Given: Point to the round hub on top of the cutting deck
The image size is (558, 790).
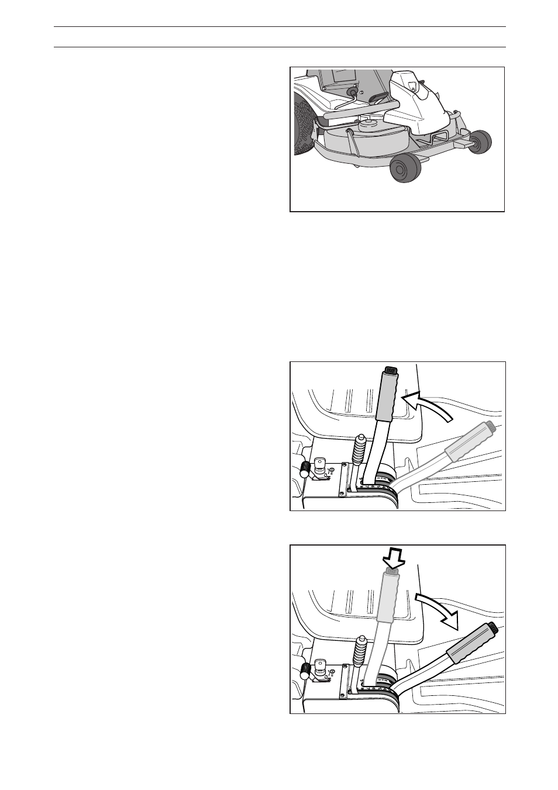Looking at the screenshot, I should pyautogui.click(x=368, y=123).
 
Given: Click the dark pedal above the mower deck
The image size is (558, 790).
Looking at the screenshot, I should pyautogui.click(x=379, y=98).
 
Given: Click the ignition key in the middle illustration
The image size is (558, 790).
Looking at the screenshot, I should pyautogui.click(x=320, y=464).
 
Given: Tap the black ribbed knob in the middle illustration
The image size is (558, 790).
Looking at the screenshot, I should pyautogui.click(x=305, y=468).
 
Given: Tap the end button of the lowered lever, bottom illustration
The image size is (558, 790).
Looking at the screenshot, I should pyautogui.click(x=493, y=629).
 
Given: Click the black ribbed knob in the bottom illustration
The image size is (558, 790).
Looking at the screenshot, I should pyautogui.click(x=305, y=671).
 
